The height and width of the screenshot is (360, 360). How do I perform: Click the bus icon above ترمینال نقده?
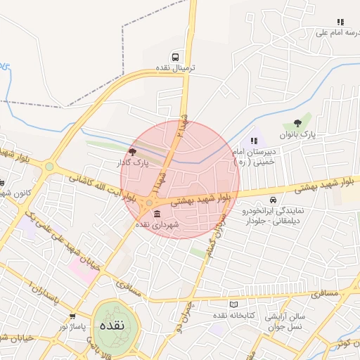(174, 56)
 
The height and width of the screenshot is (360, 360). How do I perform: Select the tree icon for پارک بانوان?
(307, 123)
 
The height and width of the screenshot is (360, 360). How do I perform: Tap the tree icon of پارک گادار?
(133, 151)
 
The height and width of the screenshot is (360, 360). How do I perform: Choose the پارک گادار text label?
(129, 163)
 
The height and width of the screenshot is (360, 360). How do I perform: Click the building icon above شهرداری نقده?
(156, 213)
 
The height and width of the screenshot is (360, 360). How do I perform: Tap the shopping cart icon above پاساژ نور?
(73, 316)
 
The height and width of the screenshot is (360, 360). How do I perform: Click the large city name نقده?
(112, 326)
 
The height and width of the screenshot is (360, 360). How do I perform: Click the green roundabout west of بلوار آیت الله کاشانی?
(49, 167)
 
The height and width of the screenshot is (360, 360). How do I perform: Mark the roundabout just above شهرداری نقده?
(149, 202)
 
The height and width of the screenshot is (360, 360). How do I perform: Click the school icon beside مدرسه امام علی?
(340, 22)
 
